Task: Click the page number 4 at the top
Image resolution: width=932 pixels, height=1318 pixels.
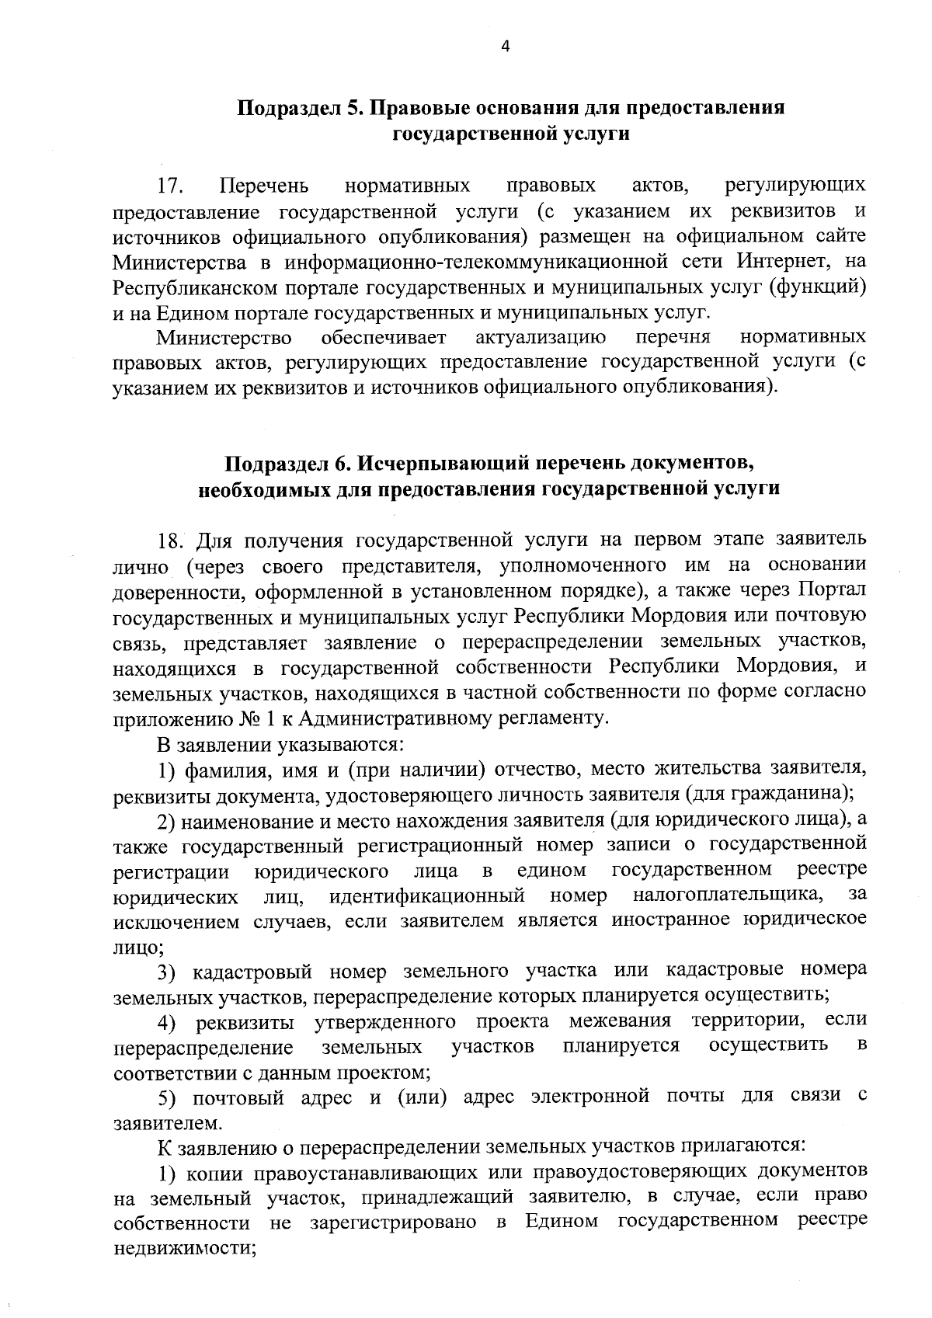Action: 506,47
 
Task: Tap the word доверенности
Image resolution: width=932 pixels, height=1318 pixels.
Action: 170,591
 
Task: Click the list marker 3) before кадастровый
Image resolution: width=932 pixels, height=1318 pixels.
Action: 168,972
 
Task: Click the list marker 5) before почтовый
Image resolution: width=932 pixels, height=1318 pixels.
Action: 168,1097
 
